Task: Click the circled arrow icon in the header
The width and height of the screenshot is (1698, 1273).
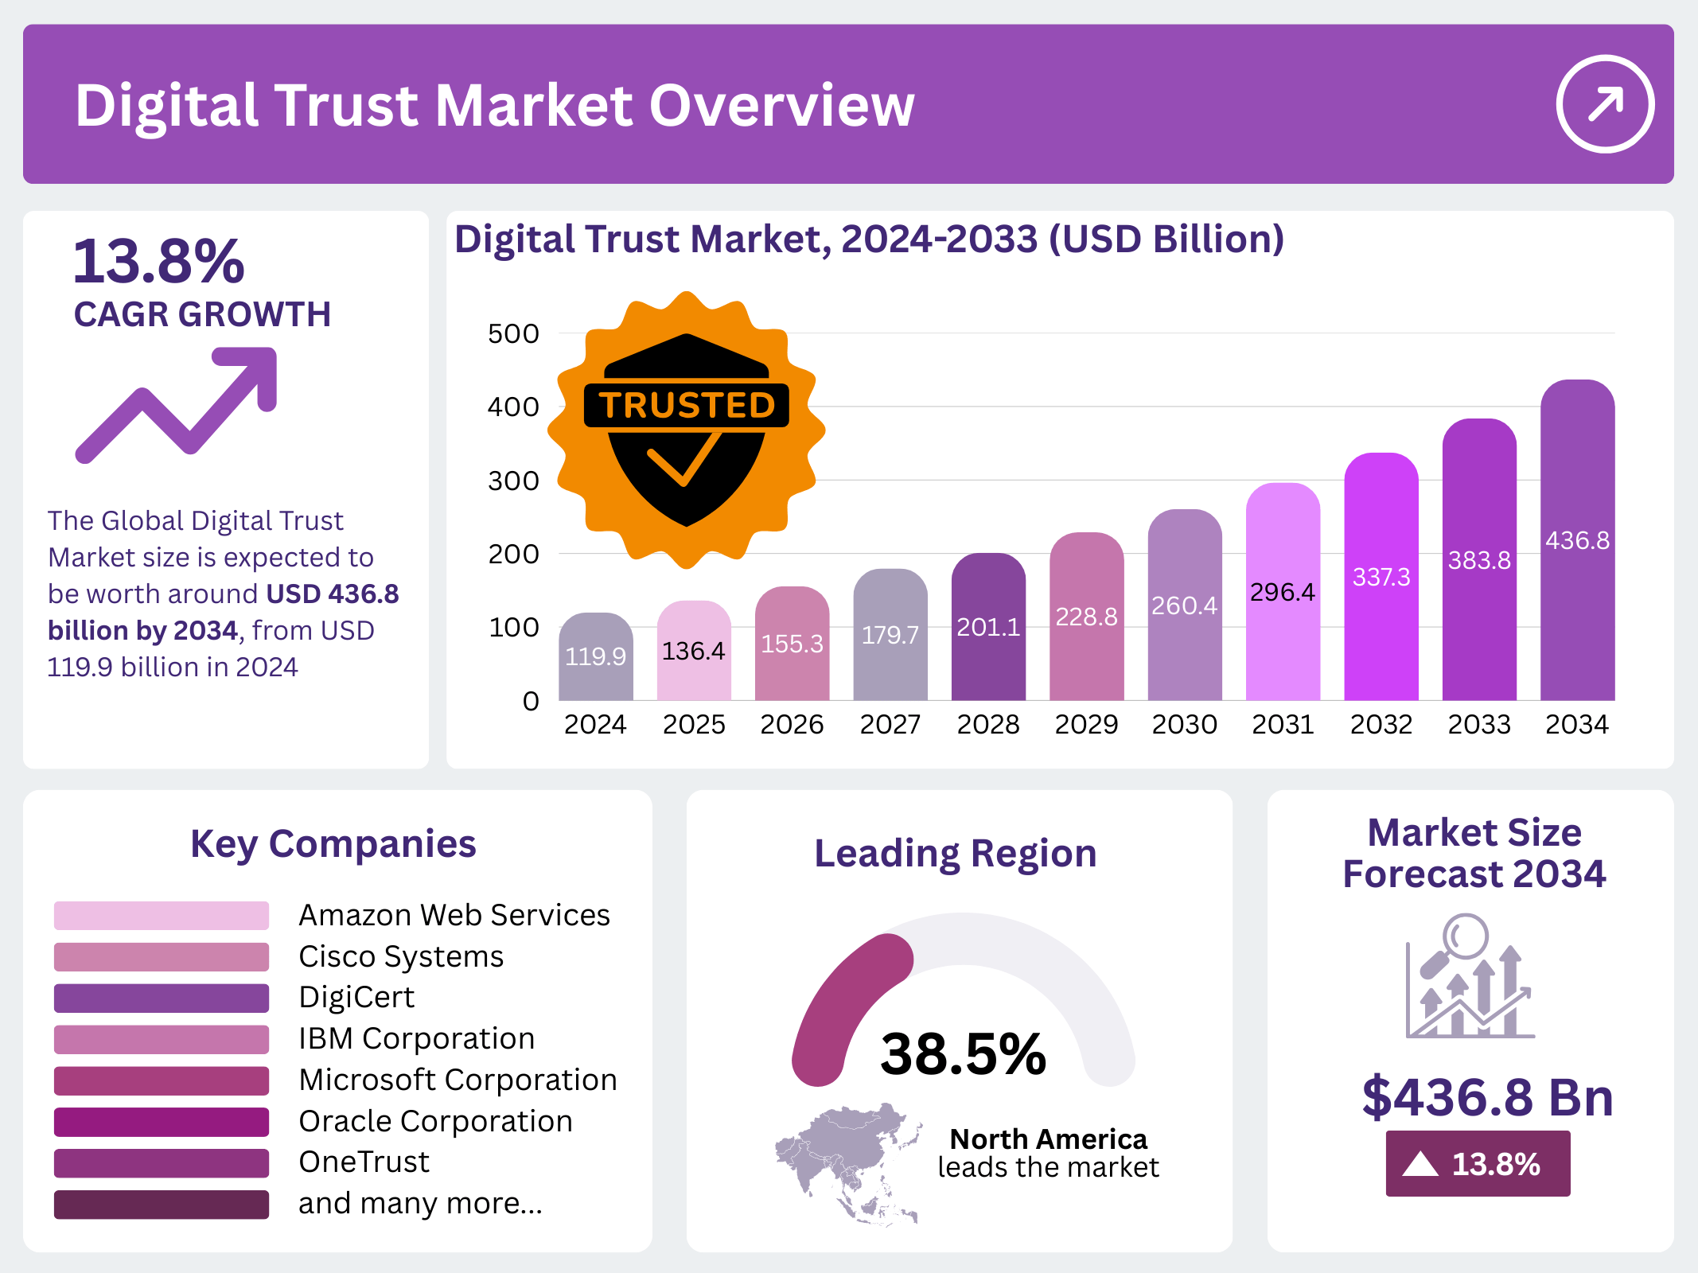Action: (1604, 103)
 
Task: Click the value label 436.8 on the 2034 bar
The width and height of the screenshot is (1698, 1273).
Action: (1577, 541)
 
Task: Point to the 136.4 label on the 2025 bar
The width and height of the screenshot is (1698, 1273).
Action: (693, 652)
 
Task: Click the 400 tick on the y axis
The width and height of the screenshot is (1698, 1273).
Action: (513, 407)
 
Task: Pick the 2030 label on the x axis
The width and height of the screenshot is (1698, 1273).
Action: (1184, 725)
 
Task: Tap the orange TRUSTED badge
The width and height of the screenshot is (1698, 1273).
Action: (686, 430)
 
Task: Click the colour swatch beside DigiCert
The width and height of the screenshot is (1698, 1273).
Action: (162, 998)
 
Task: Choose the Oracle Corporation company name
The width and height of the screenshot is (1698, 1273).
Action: (435, 1121)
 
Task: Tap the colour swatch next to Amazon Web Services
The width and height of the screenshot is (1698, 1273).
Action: (162, 916)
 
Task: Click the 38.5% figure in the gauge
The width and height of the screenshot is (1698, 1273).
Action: (963, 1054)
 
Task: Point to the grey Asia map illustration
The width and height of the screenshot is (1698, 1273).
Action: (847, 1162)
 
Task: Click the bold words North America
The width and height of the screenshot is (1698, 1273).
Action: (1048, 1139)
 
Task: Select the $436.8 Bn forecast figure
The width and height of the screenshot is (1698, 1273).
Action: (1487, 1097)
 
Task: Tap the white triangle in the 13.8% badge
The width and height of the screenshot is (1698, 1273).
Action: (1420, 1165)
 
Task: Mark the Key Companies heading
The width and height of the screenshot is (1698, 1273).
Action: (333, 844)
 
